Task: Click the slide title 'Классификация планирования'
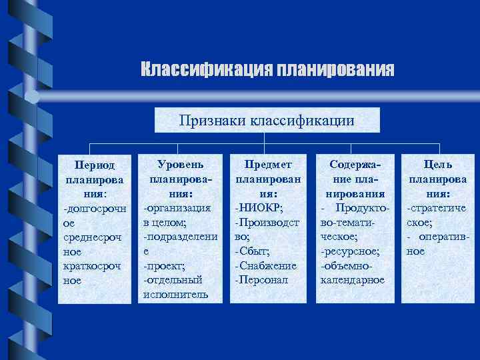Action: pos(267,69)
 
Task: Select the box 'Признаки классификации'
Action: pos(267,120)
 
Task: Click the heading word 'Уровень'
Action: pos(181,163)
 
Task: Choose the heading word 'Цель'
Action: pos(438,164)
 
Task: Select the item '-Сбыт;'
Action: pos(253,251)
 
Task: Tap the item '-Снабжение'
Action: pos(265,265)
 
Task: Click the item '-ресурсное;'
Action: pos(350,251)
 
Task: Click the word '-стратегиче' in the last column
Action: pos(437,207)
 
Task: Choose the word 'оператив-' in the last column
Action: pos(445,237)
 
